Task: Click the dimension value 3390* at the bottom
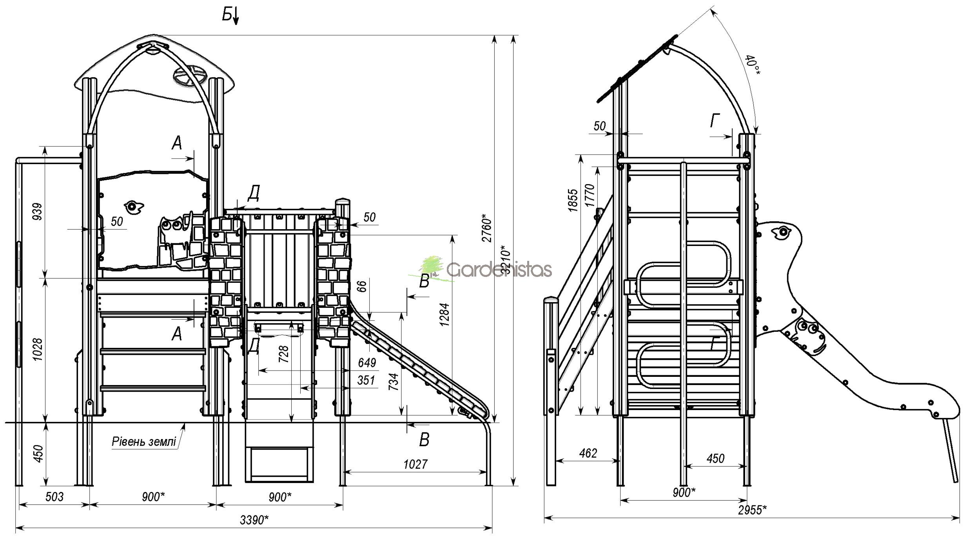254,520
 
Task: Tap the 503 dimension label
54,497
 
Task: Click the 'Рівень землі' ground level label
144,441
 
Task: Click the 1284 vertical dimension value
444,315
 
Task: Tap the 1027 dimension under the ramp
415,464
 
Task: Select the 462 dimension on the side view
588,453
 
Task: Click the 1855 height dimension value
573,200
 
